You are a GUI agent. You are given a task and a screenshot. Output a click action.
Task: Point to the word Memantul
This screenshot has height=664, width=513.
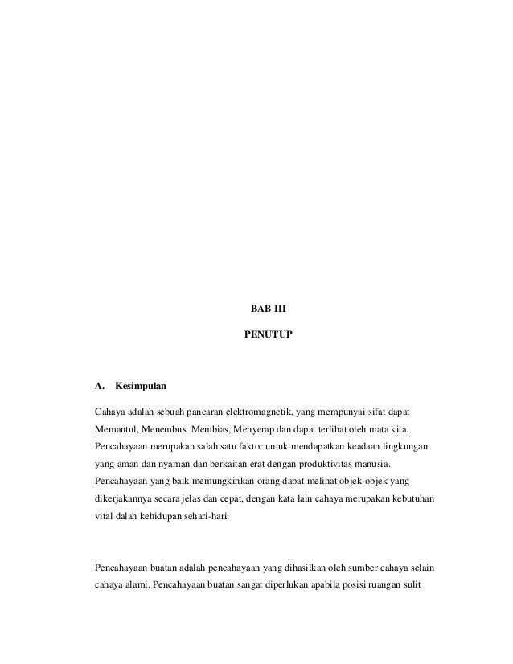(x=115, y=428)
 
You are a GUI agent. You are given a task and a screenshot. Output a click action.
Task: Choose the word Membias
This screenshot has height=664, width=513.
(x=211, y=428)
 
